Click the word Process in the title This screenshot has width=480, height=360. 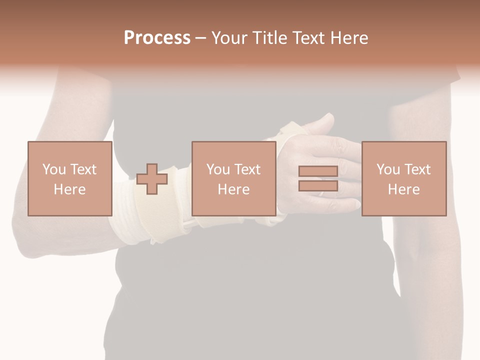[157, 38]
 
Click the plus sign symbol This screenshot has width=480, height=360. [152, 178]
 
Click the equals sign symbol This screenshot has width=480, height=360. [318, 178]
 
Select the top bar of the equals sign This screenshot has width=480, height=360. [318, 171]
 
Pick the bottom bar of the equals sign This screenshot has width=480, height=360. [318, 186]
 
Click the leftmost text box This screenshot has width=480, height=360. [69, 178]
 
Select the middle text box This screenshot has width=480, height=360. [233, 178]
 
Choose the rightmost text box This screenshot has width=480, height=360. [403, 178]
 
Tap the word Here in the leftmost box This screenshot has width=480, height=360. [69, 189]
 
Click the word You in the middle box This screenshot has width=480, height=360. [218, 169]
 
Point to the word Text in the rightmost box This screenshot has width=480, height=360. [417, 169]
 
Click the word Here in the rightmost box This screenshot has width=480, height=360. [403, 189]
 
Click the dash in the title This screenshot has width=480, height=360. [201, 38]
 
